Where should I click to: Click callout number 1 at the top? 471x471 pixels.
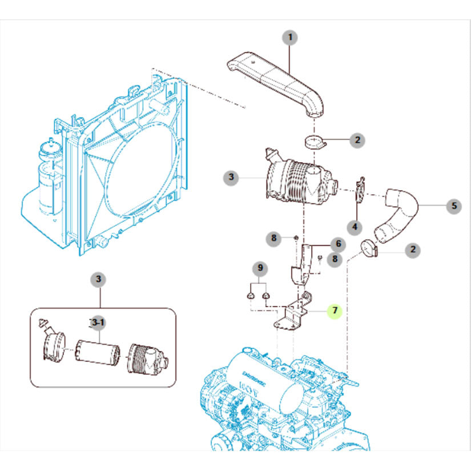[290, 38]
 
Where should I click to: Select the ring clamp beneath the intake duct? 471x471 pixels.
[312, 142]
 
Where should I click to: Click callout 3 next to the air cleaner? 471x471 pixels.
[231, 178]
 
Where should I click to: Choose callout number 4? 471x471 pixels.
[355, 227]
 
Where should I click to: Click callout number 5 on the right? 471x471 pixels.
[454, 206]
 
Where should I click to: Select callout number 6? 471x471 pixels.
[338, 244]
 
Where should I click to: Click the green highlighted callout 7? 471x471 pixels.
[335, 311]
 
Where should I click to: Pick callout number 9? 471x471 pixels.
[260, 267]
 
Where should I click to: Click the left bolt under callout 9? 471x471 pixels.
[250, 296]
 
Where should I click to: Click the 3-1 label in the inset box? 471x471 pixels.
[99, 323]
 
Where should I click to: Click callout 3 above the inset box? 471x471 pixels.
[99, 279]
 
